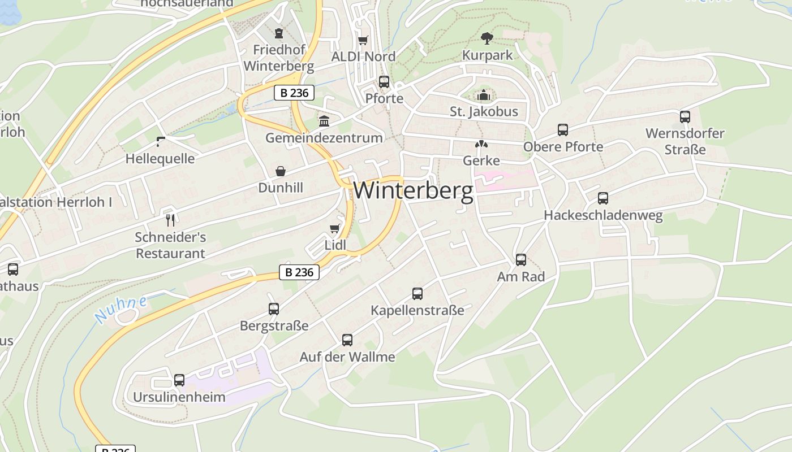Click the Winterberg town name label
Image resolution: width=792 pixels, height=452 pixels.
click(413, 190)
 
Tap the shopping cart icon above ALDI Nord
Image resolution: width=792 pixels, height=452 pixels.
click(363, 40)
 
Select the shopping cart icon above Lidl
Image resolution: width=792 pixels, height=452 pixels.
click(335, 228)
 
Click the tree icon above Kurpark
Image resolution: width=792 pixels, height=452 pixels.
click(487, 38)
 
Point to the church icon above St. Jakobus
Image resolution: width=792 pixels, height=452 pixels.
click(483, 94)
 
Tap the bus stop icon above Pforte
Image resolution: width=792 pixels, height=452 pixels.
click(384, 82)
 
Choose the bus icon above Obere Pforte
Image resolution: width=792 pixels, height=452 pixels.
click(563, 130)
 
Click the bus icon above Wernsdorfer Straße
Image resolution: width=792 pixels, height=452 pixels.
click(685, 117)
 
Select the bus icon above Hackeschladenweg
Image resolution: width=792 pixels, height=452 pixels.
click(603, 198)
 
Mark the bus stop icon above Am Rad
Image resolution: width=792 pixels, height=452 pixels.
click(521, 260)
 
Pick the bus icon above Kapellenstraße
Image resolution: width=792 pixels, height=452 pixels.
click(417, 294)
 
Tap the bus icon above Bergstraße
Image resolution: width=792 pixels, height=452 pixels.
click(274, 309)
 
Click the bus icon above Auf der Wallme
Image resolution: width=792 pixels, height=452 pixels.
click(347, 340)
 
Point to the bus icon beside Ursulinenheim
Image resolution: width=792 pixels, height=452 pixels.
click(179, 380)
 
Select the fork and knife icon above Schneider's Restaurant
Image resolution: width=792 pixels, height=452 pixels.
click(170, 220)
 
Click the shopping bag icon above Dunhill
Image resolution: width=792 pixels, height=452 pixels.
click(281, 171)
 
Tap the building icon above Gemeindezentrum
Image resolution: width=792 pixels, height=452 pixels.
click(324, 121)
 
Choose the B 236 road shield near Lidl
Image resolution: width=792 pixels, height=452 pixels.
click(299, 272)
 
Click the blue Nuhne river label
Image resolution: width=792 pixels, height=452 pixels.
click(121, 309)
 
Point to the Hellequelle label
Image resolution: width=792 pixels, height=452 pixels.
click(160, 159)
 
